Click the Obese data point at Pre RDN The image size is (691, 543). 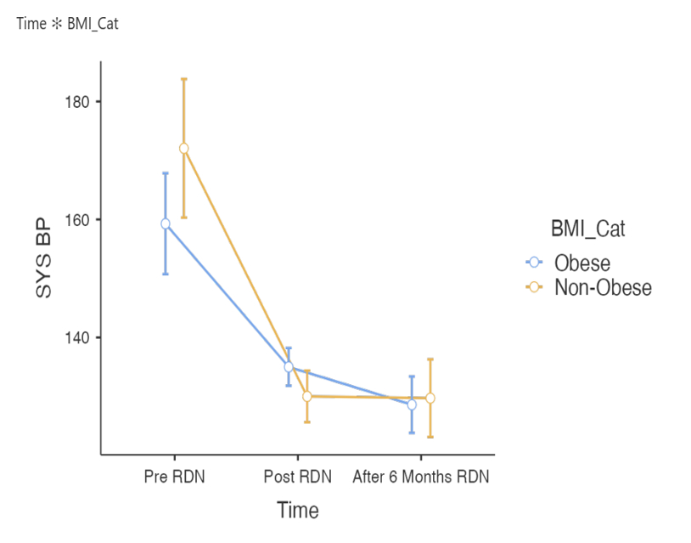click(x=166, y=223)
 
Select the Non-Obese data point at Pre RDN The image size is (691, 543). click(x=183, y=148)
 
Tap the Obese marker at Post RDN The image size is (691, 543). click(x=289, y=367)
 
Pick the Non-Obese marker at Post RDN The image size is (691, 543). click(x=307, y=396)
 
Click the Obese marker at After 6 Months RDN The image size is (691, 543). click(x=412, y=404)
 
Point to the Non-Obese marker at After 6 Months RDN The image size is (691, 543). click(x=430, y=398)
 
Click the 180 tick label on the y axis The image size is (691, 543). click(x=77, y=102)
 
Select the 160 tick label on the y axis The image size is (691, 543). click(x=77, y=219)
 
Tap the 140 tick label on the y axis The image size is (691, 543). click(x=77, y=337)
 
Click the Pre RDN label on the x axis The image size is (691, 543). click(x=174, y=477)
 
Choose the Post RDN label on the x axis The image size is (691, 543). click(x=297, y=477)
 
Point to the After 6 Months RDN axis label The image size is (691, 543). click(x=421, y=477)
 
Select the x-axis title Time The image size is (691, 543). click(x=297, y=511)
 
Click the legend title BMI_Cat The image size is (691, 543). click(x=588, y=229)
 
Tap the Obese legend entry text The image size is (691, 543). click(x=582, y=263)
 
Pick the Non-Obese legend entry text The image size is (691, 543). click(x=603, y=287)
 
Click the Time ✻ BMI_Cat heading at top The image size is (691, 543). click(x=67, y=24)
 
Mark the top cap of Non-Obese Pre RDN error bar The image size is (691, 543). click(x=183, y=79)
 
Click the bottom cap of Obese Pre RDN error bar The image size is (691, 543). click(x=166, y=274)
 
